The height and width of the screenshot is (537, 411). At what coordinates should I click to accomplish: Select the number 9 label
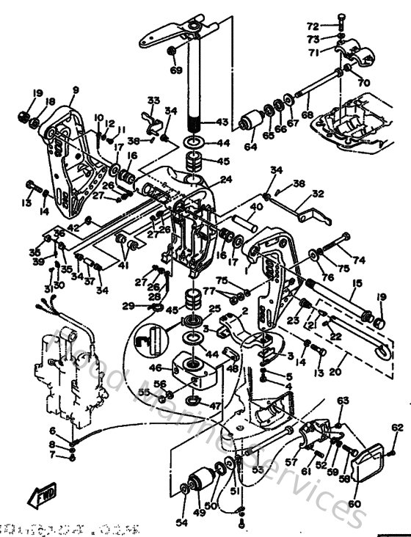pyautogui.click(x=75, y=90)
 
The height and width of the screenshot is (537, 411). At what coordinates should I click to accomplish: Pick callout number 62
pyautogui.click(x=398, y=428)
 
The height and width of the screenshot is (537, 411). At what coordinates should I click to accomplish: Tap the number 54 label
pyautogui.click(x=181, y=522)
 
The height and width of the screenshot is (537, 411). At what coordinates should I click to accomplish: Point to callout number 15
pyautogui.click(x=357, y=282)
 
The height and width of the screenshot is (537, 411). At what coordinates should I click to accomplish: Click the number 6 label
pyautogui.click(x=73, y=431)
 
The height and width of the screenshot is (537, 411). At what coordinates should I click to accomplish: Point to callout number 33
pyautogui.click(x=153, y=101)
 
